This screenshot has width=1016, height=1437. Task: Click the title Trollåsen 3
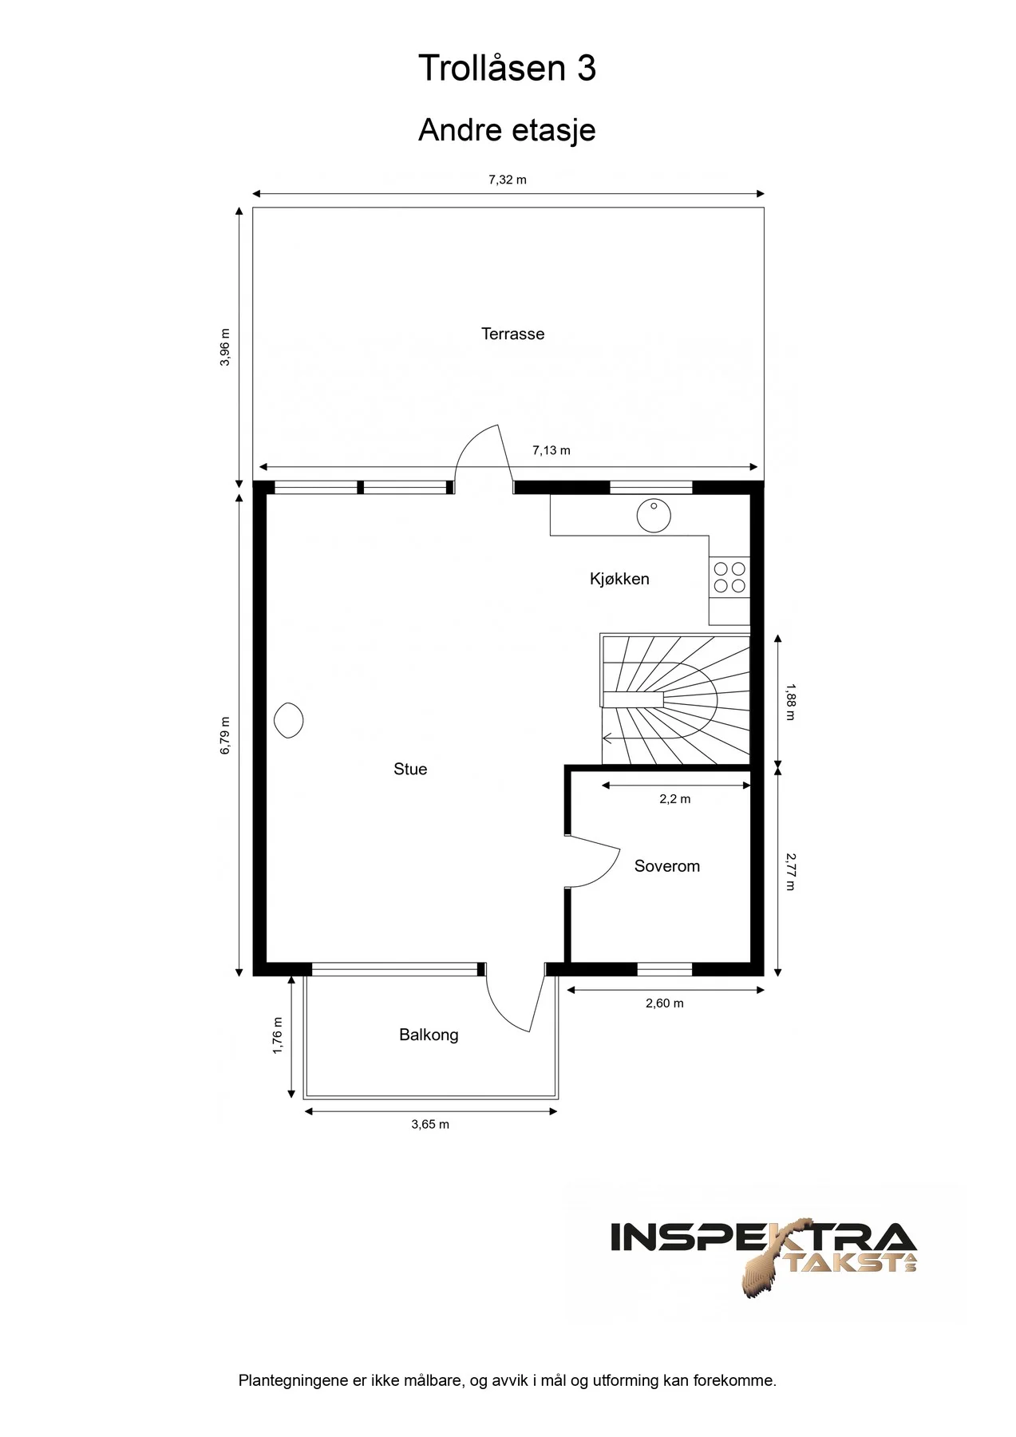[507, 69]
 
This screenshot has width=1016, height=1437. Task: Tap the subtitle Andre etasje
[507, 129]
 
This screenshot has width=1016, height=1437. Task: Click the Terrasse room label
[512, 334]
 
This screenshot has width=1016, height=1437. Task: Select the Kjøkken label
[619, 579]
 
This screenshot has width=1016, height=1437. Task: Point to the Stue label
[410, 769]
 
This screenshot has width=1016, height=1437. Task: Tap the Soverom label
[666, 866]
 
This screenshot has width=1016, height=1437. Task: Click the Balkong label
[429, 1035]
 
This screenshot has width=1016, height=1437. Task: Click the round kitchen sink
[654, 516]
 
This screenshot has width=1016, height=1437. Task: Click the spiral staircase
[675, 700]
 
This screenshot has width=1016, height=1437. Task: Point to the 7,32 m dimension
[508, 180]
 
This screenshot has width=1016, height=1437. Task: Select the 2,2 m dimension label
[675, 798]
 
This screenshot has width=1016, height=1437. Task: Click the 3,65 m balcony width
[430, 1124]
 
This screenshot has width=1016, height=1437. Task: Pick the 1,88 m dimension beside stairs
[790, 701]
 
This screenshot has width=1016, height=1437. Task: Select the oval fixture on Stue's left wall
[288, 721]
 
